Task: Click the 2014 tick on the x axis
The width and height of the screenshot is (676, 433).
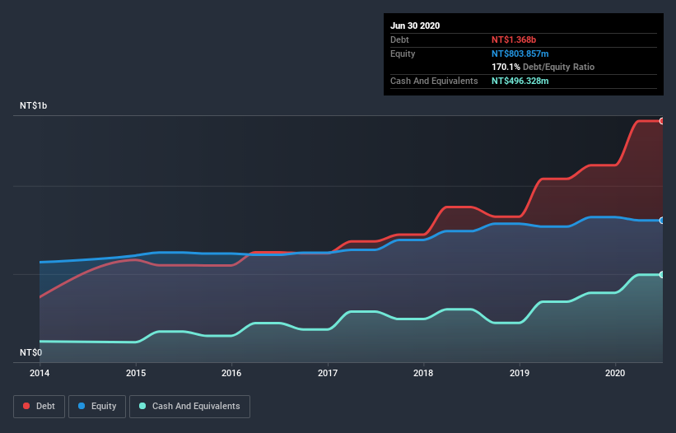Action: coord(40,373)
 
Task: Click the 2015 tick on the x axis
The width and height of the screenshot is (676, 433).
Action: coord(136,373)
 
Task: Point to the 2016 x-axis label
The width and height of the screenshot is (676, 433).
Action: coord(231,373)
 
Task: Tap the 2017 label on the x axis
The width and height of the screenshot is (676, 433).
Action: coord(328,373)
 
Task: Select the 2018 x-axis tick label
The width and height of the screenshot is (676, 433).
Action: coord(423,373)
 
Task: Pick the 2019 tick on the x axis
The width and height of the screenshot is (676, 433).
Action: coord(520,373)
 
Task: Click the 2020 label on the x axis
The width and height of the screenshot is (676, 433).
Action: coord(615,373)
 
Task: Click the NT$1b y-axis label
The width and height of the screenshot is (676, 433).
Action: coord(34,106)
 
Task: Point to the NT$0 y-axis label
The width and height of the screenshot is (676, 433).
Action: coord(30,352)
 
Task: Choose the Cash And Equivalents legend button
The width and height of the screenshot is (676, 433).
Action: coord(189,406)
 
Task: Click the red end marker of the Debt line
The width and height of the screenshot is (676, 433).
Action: coord(662,121)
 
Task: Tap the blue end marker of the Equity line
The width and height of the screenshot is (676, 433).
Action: coord(662,221)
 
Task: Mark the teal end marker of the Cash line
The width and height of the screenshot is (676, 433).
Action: coord(662,274)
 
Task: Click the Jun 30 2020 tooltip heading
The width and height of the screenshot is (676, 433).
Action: coord(415,26)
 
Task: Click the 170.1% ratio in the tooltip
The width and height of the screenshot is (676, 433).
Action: coord(506,67)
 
